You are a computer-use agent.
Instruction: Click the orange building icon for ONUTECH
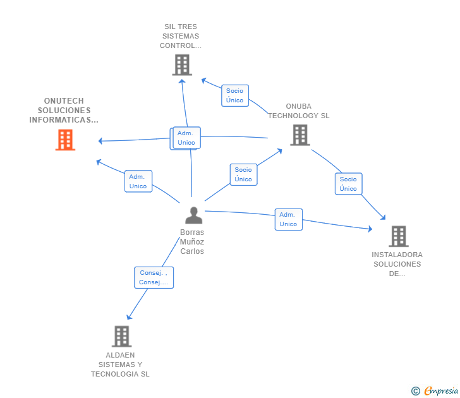(x=65, y=140)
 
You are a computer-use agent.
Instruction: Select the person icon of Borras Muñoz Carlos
(x=193, y=215)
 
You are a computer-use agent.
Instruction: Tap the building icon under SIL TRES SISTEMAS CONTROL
(x=182, y=64)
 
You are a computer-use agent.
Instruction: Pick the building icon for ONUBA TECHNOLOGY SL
(x=300, y=135)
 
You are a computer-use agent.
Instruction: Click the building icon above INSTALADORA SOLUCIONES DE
(x=398, y=236)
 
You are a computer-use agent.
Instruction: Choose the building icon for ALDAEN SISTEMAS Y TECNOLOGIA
(x=121, y=336)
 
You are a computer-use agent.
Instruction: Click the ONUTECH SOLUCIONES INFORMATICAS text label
(x=64, y=111)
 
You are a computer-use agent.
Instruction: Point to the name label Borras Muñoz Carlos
(x=192, y=242)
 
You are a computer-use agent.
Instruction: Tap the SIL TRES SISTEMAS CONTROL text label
(x=181, y=36)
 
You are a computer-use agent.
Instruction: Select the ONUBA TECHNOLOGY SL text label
(x=298, y=111)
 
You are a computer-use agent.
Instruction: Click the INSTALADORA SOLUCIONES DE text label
(x=396, y=265)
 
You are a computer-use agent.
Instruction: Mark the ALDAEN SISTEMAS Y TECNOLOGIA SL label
(x=120, y=365)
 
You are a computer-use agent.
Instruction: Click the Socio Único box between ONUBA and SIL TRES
(x=234, y=95)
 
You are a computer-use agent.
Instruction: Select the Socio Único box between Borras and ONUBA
(x=243, y=174)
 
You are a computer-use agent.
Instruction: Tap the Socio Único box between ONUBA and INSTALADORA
(x=348, y=184)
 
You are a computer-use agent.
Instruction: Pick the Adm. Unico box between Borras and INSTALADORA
(x=288, y=219)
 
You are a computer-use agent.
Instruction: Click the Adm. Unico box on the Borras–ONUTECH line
(x=138, y=181)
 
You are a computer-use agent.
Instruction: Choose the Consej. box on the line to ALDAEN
(x=154, y=277)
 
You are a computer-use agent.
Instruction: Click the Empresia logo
(x=435, y=391)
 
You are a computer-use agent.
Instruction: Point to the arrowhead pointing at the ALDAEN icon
(x=129, y=317)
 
